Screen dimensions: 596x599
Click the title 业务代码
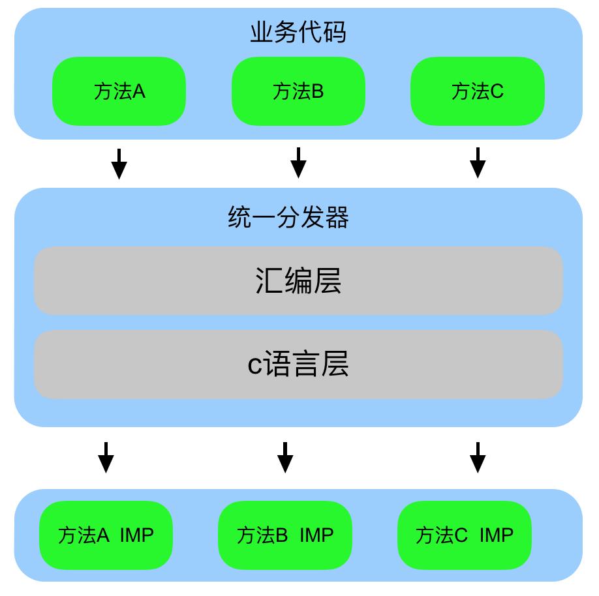click(298, 33)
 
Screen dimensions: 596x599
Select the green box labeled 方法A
click(119, 91)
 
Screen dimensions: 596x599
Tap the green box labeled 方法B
click(298, 91)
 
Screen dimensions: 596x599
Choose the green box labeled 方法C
click(478, 91)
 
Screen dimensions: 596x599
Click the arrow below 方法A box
click(119, 164)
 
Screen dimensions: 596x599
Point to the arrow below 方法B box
click(298, 163)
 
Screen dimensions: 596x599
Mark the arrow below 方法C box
click(478, 163)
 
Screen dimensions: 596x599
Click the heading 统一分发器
click(288, 218)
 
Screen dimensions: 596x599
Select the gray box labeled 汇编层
click(298, 280)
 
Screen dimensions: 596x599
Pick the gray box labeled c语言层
click(298, 364)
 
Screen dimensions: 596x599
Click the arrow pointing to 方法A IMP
click(106, 458)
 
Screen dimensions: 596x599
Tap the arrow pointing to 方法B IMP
click(285, 458)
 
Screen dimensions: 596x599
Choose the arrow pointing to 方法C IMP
click(478, 458)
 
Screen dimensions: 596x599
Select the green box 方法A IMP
click(106, 535)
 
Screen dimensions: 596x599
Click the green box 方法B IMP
click(285, 535)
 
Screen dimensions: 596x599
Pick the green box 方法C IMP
click(465, 535)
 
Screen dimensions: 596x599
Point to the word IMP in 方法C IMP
click(497, 535)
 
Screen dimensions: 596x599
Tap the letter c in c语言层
click(254, 365)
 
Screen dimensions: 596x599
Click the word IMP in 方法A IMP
click(137, 535)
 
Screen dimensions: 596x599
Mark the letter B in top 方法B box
click(317, 91)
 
